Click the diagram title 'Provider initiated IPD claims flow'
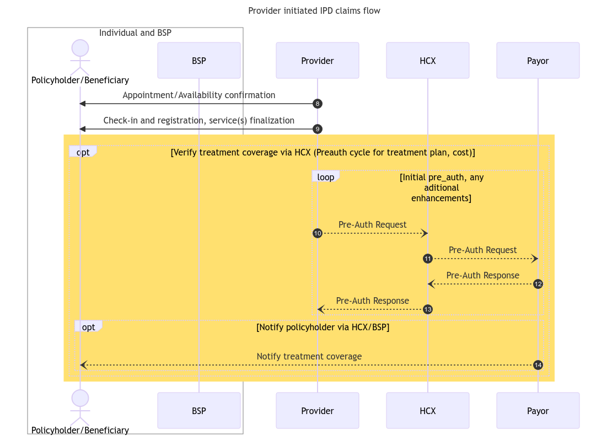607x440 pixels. pyautogui.click(x=314, y=11)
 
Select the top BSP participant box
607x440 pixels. pyautogui.click(x=198, y=61)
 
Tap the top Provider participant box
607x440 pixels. pyautogui.click(x=317, y=61)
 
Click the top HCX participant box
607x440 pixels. pyautogui.click(x=427, y=61)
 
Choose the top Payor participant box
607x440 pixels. pyautogui.click(x=538, y=61)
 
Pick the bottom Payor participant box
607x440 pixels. pyautogui.click(x=538, y=411)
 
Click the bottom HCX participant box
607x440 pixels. pyautogui.click(x=427, y=411)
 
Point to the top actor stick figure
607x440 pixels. pyautogui.click(x=80, y=57)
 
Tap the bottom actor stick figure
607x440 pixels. pyautogui.click(x=80, y=407)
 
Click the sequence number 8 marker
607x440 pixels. pyautogui.click(x=318, y=104)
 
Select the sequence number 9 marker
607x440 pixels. pyautogui.click(x=318, y=129)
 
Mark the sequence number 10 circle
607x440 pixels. pyautogui.click(x=318, y=233)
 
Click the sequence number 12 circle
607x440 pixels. pyautogui.click(x=538, y=284)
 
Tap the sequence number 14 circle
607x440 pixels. pyautogui.click(x=538, y=365)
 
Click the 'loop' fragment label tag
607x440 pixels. pyautogui.click(x=325, y=177)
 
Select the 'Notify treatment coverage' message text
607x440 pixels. pyautogui.click(x=309, y=357)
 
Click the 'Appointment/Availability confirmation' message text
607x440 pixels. pyautogui.click(x=198, y=95)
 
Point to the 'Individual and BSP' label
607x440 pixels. pyautogui.click(x=135, y=33)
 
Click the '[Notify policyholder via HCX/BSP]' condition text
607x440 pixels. pyautogui.click(x=323, y=328)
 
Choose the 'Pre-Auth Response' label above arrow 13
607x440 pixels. pyautogui.click(x=372, y=301)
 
